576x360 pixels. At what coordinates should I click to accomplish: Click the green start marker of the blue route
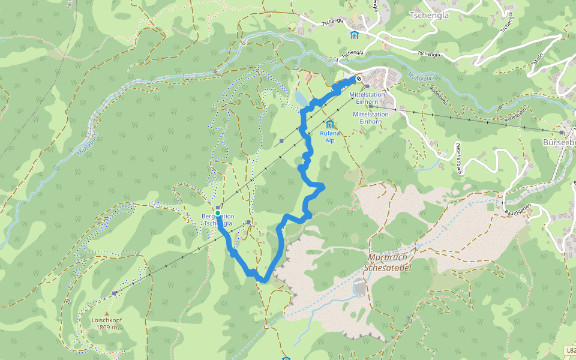[x=218, y=213]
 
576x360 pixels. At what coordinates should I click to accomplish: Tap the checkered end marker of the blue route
[x=359, y=79]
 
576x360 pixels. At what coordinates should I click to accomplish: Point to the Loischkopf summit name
[x=107, y=320]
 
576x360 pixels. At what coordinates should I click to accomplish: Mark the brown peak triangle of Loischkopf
[x=107, y=313]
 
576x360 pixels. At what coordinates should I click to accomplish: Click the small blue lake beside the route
[x=299, y=98]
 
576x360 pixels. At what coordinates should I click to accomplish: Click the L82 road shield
[x=570, y=350]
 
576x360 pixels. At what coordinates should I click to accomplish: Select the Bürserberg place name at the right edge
[x=559, y=143]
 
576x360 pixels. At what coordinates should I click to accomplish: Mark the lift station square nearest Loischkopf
[x=114, y=293]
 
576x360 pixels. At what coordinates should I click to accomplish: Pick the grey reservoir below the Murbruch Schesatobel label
[x=359, y=288]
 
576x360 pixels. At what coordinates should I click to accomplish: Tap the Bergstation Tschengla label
[x=218, y=220]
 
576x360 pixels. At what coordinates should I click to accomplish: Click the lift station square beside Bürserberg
[x=562, y=132]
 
